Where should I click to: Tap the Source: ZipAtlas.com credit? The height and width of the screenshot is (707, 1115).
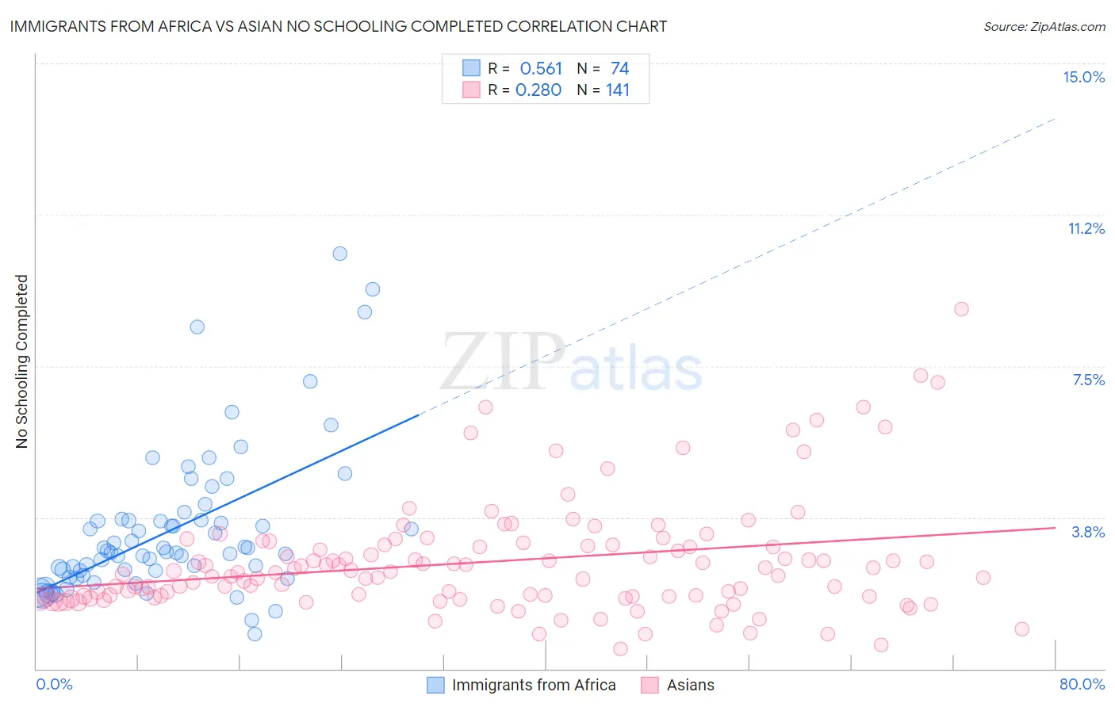pyautogui.click(x=1044, y=26)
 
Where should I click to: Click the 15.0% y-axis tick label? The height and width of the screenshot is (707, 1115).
pyautogui.click(x=1083, y=77)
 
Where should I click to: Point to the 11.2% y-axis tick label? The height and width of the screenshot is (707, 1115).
pyautogui.click(x=1086, y=228)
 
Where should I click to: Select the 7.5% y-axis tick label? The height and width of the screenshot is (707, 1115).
pyautogui.click(x=1088, y=380)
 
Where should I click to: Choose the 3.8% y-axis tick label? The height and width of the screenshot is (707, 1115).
pyautogui.click(x=1088, y=532)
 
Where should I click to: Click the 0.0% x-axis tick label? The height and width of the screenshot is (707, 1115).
pyautogui.click(x=54, y=684)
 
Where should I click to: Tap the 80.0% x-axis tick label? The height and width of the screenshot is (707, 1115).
pyautogui.click(x=1082, y=684)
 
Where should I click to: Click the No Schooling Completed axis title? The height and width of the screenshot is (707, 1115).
pyautogui.click(x=22, y=361)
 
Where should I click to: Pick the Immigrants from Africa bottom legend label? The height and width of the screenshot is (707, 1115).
pyautogui.click(x=534, y=685)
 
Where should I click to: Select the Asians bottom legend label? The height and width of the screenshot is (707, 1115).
pyautogui.click(x=690, y=685)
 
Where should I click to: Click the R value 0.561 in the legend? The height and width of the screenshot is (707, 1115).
pyautogui.click(x=541, y=69)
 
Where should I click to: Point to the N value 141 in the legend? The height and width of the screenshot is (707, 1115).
pyautogui.click(x=618, y=90)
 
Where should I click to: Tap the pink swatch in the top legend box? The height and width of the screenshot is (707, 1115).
pyautogui.click(x=471, y=90)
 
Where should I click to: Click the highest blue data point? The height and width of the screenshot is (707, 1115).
pyautogui.click(x=339, y=254)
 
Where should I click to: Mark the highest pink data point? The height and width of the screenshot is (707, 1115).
pyautogui.click(x=961, y=309)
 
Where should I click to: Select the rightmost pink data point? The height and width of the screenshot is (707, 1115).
pyautogui.click(x=1021, y=629)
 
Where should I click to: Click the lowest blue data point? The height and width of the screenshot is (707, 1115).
pyautogui.click(x=255, y=634)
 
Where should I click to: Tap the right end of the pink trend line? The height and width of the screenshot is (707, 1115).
pyautogui.click(x=1055, y=528)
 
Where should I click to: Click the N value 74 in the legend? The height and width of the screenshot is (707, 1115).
pyautogui.click(x=619, y=69)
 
